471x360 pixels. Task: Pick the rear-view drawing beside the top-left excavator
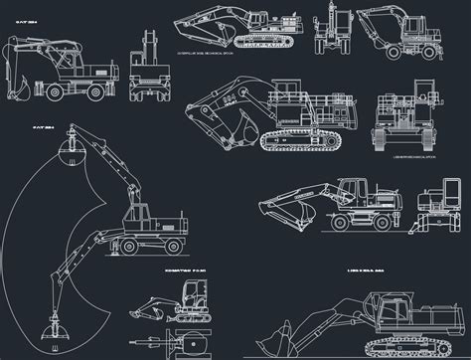(x=148, y=70)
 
